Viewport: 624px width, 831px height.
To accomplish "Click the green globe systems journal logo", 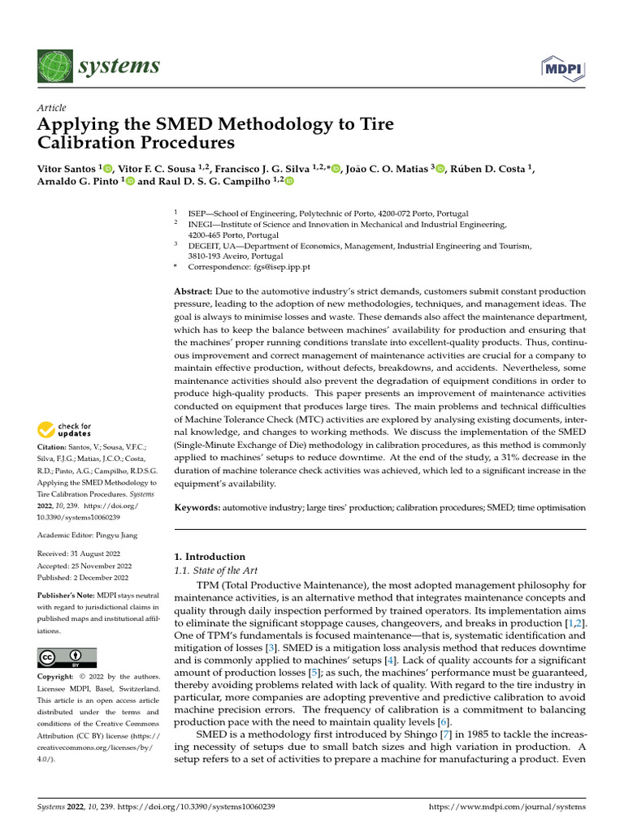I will click(x=54, y=66).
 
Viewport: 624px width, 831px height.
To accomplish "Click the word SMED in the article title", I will click(x=157, y=125).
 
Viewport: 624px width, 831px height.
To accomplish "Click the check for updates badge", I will click(x=65, y=430).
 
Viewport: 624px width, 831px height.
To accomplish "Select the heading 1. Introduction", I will click(x=210, y=557).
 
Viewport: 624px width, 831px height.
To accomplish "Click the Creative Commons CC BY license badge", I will click(x=67, y=657).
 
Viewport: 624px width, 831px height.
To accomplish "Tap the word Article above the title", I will click(x=51, y=107).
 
